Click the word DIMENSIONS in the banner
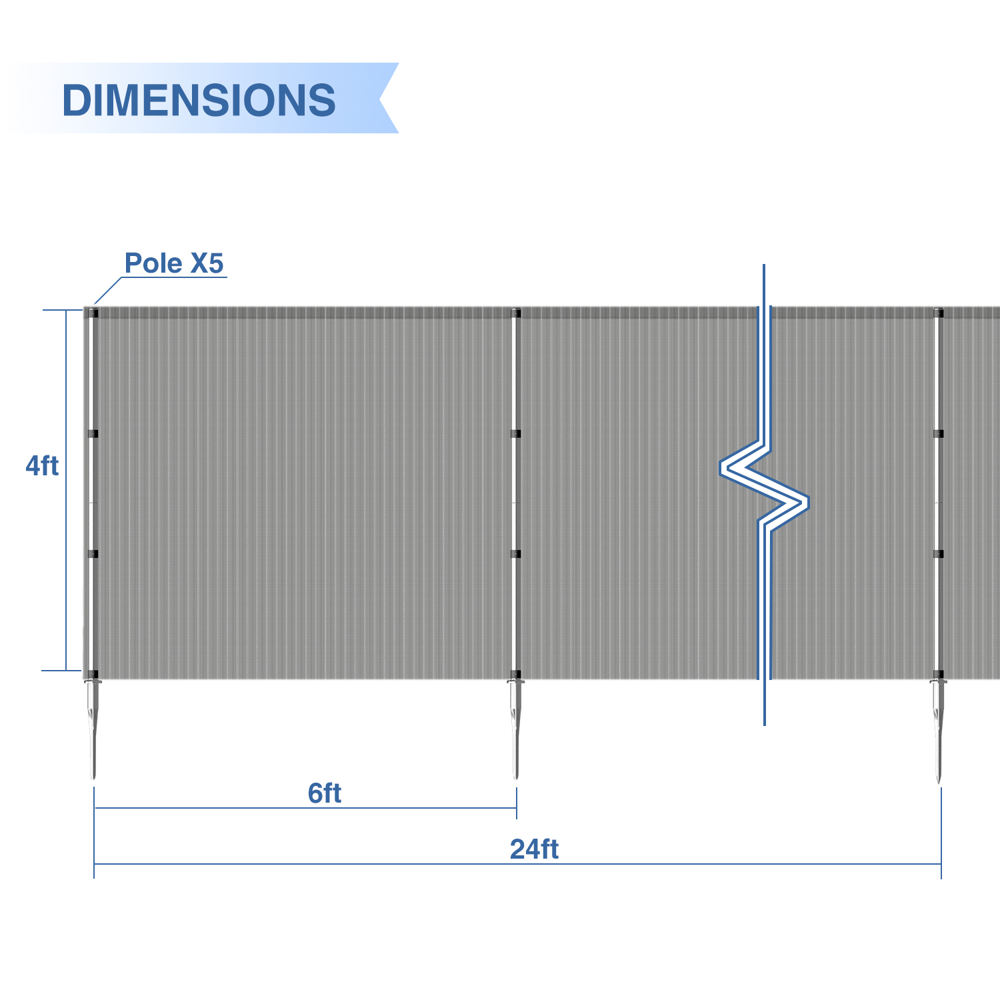pos(199,100)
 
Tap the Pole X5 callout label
pos(174,263)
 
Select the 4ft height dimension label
pos(42,466)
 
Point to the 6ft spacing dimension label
pos(325,793)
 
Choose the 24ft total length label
pos(535,849)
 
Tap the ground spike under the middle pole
pos(515,729)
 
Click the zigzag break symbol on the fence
pos(765,493)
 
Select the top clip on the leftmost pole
pos(93,313)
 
